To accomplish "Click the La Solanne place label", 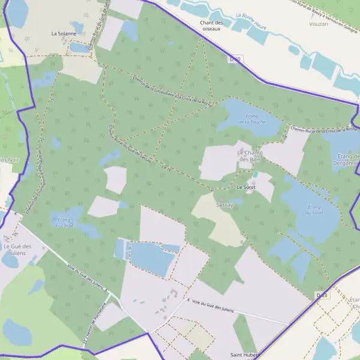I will (64, 34).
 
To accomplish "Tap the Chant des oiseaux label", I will (211, 26).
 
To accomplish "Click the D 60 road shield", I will (235, 59).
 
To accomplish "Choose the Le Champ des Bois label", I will (251, 156).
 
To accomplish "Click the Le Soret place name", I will (246, 187).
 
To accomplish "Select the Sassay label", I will (224, 204).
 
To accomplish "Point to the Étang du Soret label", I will (313, 209).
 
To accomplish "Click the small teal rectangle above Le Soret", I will (256, 174).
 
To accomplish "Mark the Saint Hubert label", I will (244, 355).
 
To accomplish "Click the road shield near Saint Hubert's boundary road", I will (322, 295).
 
